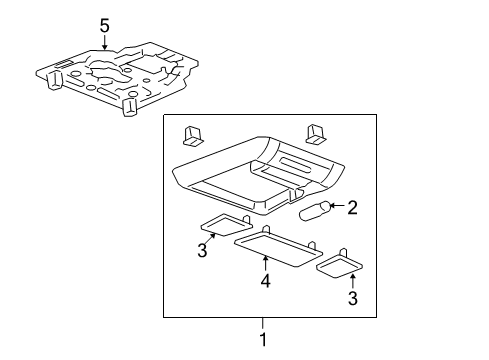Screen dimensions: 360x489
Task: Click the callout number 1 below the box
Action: coord(263,339)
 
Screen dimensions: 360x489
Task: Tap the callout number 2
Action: coord(352,207)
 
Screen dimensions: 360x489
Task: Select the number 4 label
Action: coord(264,282)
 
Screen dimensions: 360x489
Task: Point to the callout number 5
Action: coord(105,25)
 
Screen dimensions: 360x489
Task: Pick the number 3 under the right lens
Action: coord(350,297)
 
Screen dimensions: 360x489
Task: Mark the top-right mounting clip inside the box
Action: coord(315,131)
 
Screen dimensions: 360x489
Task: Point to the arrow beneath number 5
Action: coord(105,43)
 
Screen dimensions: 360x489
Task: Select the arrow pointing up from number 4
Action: coord(264,263)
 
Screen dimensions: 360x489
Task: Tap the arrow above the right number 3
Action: coord(350,280)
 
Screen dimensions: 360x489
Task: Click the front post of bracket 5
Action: coord(128,107)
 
